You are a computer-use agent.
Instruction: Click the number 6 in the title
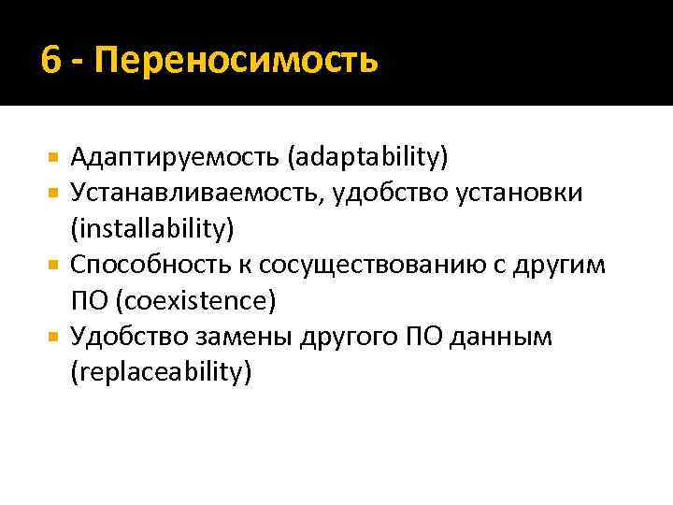click(x=52, y=61)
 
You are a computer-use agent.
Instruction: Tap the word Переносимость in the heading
click(x=237, y=61)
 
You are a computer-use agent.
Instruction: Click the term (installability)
click(x=151, y=228)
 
